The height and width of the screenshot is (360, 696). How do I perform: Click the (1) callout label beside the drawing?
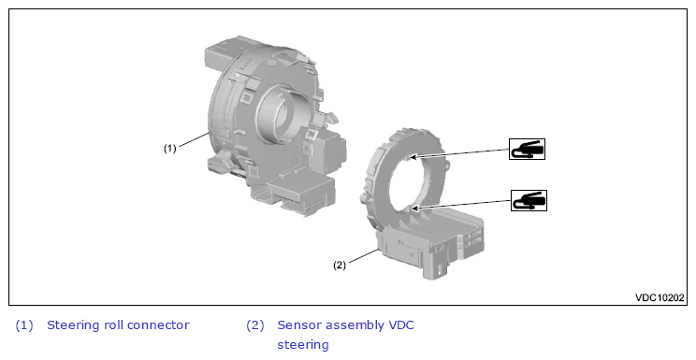click(170, 149)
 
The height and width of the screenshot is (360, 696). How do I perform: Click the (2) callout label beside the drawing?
click(340, 265)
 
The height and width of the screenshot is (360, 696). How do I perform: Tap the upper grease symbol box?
click(527, 150)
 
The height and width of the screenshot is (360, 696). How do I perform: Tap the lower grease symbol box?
click(529, 201)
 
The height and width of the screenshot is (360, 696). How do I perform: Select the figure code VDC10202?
click(660, 297)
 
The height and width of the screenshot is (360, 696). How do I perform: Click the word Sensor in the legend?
click(295, 325)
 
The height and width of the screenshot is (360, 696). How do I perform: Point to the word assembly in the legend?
click(351, 326)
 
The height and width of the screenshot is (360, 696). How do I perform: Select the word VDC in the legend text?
click(401, 325)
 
